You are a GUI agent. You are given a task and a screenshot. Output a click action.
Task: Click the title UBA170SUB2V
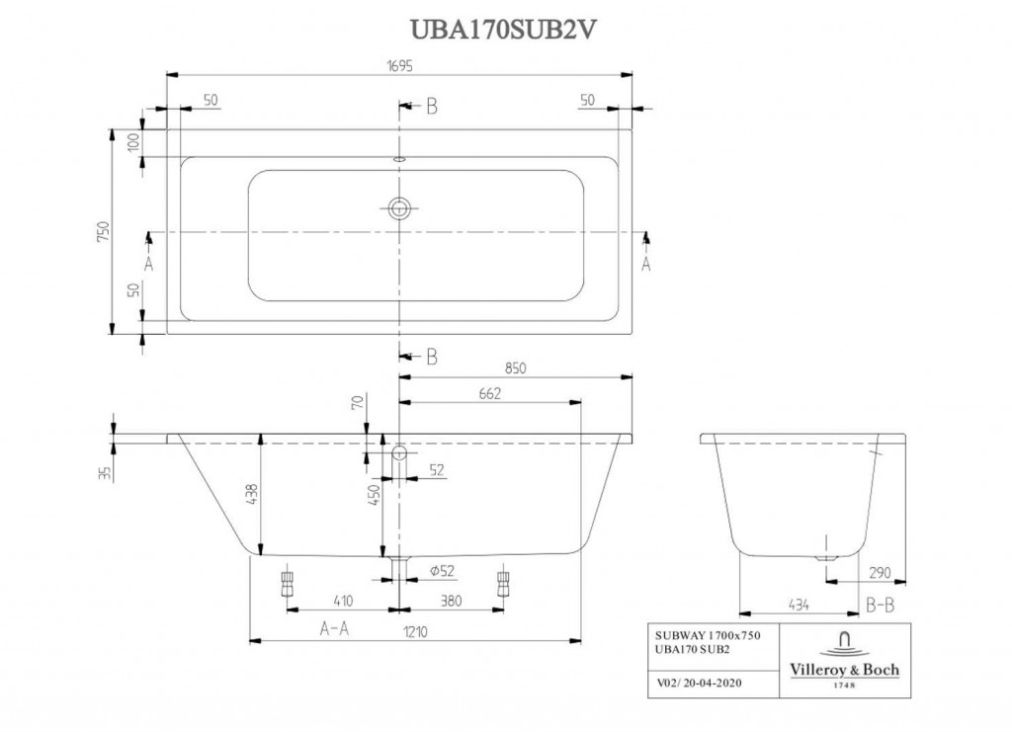click(x=506, y=26)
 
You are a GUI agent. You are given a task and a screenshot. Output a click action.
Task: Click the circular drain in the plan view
click(x=399, y=207)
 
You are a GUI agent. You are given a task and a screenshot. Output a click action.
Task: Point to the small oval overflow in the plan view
click(x=399, y=156)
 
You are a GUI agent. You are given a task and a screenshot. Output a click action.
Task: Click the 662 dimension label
click(x=490, y=393)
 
